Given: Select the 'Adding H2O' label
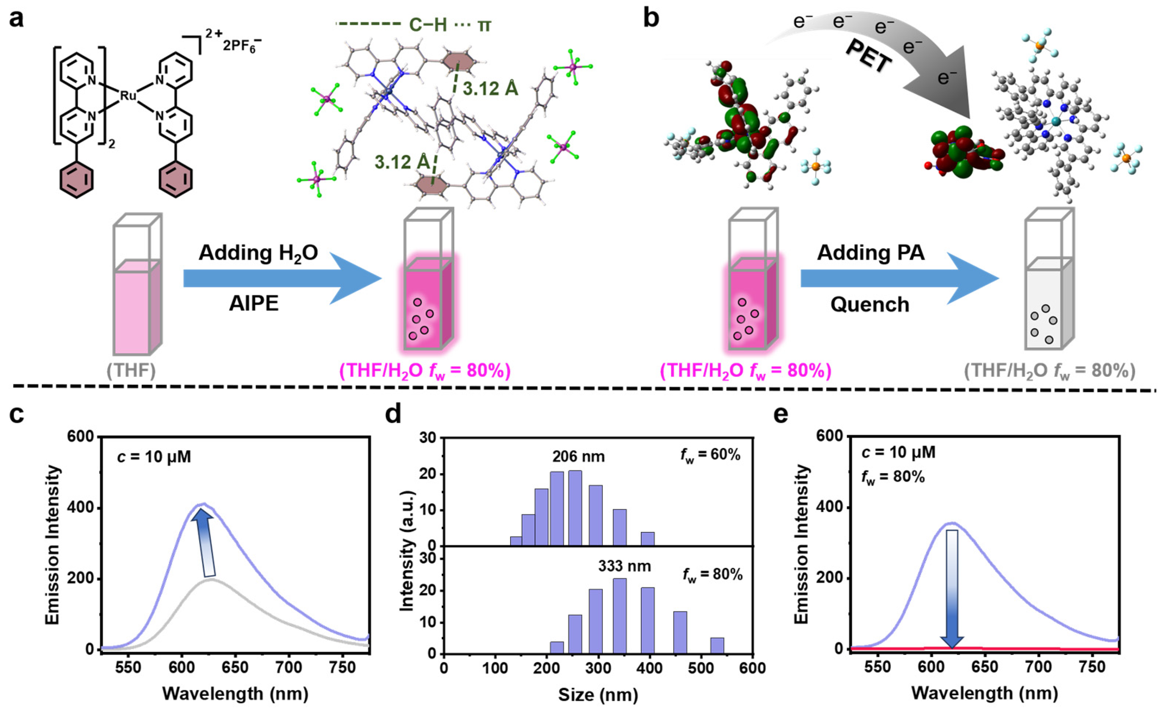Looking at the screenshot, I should click(x=258, y=253).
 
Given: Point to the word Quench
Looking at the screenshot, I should click(x=870, y=304).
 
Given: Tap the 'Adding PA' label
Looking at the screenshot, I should click(x=871, y=253).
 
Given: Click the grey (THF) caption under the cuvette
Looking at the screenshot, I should click(x=131, y=370).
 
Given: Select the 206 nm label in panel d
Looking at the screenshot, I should click(x=578, y=457).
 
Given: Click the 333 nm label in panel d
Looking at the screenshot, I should click(x=625, y=566).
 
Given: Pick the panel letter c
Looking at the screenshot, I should click(x=17, y=414).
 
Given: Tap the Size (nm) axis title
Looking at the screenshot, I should click(x=598, y=695).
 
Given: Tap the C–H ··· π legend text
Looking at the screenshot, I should click(x=450, y=25).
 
